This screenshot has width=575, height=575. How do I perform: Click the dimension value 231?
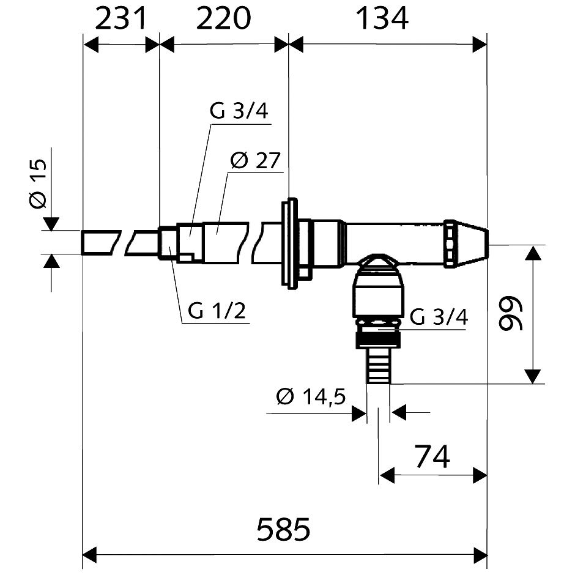(121, 18)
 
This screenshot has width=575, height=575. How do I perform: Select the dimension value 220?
(224, 18)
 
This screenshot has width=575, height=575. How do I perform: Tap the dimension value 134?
(382, 18)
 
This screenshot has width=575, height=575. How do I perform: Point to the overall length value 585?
(283, 529)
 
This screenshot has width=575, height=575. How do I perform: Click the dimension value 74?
(432, 456)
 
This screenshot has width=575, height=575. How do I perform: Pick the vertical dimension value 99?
(511, 314)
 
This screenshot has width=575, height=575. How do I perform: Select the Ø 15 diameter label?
(38, 184)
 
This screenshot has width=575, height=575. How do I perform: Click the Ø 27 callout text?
(255, 160)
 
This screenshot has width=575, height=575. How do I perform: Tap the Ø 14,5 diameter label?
(311, 396)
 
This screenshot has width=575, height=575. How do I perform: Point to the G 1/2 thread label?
(217, 311)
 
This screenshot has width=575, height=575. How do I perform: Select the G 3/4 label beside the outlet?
(439, 317)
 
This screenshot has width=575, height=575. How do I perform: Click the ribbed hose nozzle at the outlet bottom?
(379, 365)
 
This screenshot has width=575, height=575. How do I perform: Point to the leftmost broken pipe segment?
(101, 242)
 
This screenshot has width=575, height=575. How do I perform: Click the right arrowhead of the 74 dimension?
(480, 476)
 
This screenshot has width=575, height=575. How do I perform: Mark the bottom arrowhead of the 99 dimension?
(532, 377)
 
